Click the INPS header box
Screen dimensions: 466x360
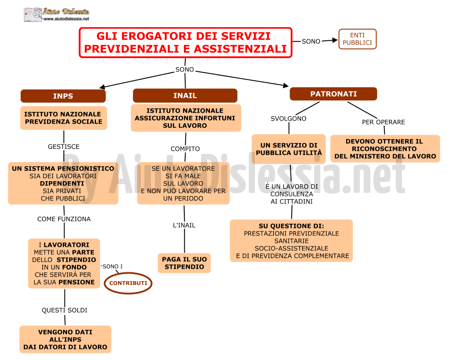point(63,96)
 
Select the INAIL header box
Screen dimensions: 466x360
point(185,96)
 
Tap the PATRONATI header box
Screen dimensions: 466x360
point(333,94)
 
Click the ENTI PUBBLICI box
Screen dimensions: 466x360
point(357,39)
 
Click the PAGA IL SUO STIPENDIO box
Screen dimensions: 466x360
point(184,263)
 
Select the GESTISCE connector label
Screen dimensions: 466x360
point(64,146)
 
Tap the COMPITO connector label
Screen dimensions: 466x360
point(185,149)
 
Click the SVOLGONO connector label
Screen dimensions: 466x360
point(288,118)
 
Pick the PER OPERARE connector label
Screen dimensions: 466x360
point(384,122)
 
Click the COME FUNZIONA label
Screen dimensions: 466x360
point(64,219)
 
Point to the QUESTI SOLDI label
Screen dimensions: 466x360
point(65,310)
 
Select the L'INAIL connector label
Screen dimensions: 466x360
point(184,225)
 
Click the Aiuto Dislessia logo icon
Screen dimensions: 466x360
point(33,14)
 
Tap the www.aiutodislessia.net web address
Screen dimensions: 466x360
point(66,19)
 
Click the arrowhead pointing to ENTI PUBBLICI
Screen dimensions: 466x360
point(335,40)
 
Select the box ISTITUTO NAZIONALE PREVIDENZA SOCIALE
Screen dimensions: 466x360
point(63,118)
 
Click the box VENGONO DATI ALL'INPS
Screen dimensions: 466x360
point(65,339)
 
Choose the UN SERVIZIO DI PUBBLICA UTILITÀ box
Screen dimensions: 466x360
point(289,149)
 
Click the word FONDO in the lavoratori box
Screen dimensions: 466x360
point(74,267)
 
